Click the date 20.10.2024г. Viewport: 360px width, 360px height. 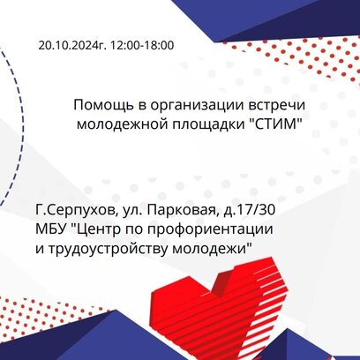72,46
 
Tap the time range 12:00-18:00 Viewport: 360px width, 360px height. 142,46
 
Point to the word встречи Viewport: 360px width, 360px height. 277,105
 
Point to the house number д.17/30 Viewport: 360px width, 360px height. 250,210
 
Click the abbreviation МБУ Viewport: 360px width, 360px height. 50,229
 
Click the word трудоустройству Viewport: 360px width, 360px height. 105,250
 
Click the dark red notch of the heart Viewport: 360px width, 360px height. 223,280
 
